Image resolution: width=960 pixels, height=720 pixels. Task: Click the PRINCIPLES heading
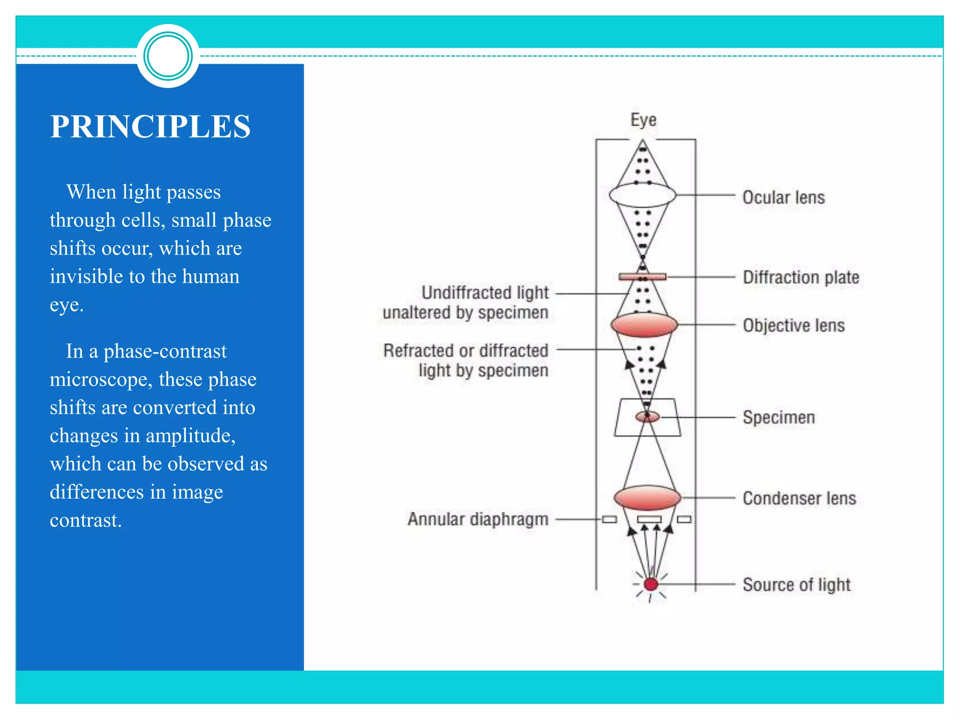[150, 127]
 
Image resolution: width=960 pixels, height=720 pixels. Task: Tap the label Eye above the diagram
[643, 120]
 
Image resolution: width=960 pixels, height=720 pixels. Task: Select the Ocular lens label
[783, 197]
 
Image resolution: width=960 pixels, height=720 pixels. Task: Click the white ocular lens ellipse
[642, 195]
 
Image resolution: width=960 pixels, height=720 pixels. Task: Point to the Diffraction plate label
[801, 277]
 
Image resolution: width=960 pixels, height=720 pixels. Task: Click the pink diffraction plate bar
[642, 277]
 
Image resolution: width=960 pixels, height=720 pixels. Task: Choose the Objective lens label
[794, 325]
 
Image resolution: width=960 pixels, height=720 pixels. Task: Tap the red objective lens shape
[644, 325]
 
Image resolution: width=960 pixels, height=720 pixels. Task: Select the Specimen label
[779, 417]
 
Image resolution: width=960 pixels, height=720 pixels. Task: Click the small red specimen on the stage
[647, 416]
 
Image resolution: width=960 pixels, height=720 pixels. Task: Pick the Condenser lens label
[799, 498]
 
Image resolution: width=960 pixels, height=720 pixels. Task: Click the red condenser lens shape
[647, 498]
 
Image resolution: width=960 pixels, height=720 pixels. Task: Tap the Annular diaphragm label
[478, 519]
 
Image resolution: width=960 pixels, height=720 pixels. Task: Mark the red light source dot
[651, 584]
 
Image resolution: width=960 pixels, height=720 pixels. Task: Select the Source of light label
[796, 585]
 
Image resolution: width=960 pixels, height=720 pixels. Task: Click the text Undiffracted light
[485, 292]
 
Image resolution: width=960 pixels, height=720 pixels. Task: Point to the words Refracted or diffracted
[465, 351]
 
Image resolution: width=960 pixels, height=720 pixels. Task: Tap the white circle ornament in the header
[168, 56]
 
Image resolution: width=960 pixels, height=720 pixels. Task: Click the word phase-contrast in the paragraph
[165, 351]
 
